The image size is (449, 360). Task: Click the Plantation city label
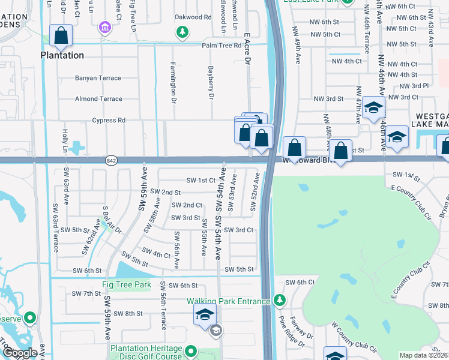pyautogui.click(x=62, y=55)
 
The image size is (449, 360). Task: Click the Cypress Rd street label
pyautogui.click(x=109, y=121)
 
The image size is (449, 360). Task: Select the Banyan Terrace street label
pyautogui.click(x=98, y=77)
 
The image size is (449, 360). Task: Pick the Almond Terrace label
pyautogui.click(x=98, y=99)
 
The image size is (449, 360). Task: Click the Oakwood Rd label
pyautogui.click(x=193, y=17)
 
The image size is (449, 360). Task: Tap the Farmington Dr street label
pyautogui.click(x=173, y=80)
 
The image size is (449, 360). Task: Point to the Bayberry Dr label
pyautogui.click(x=211, y=83)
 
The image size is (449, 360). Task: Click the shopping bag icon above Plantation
pyautogui.click(x=61, y=37)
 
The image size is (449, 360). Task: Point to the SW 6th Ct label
pyautogui.click(x=300, y=282)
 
